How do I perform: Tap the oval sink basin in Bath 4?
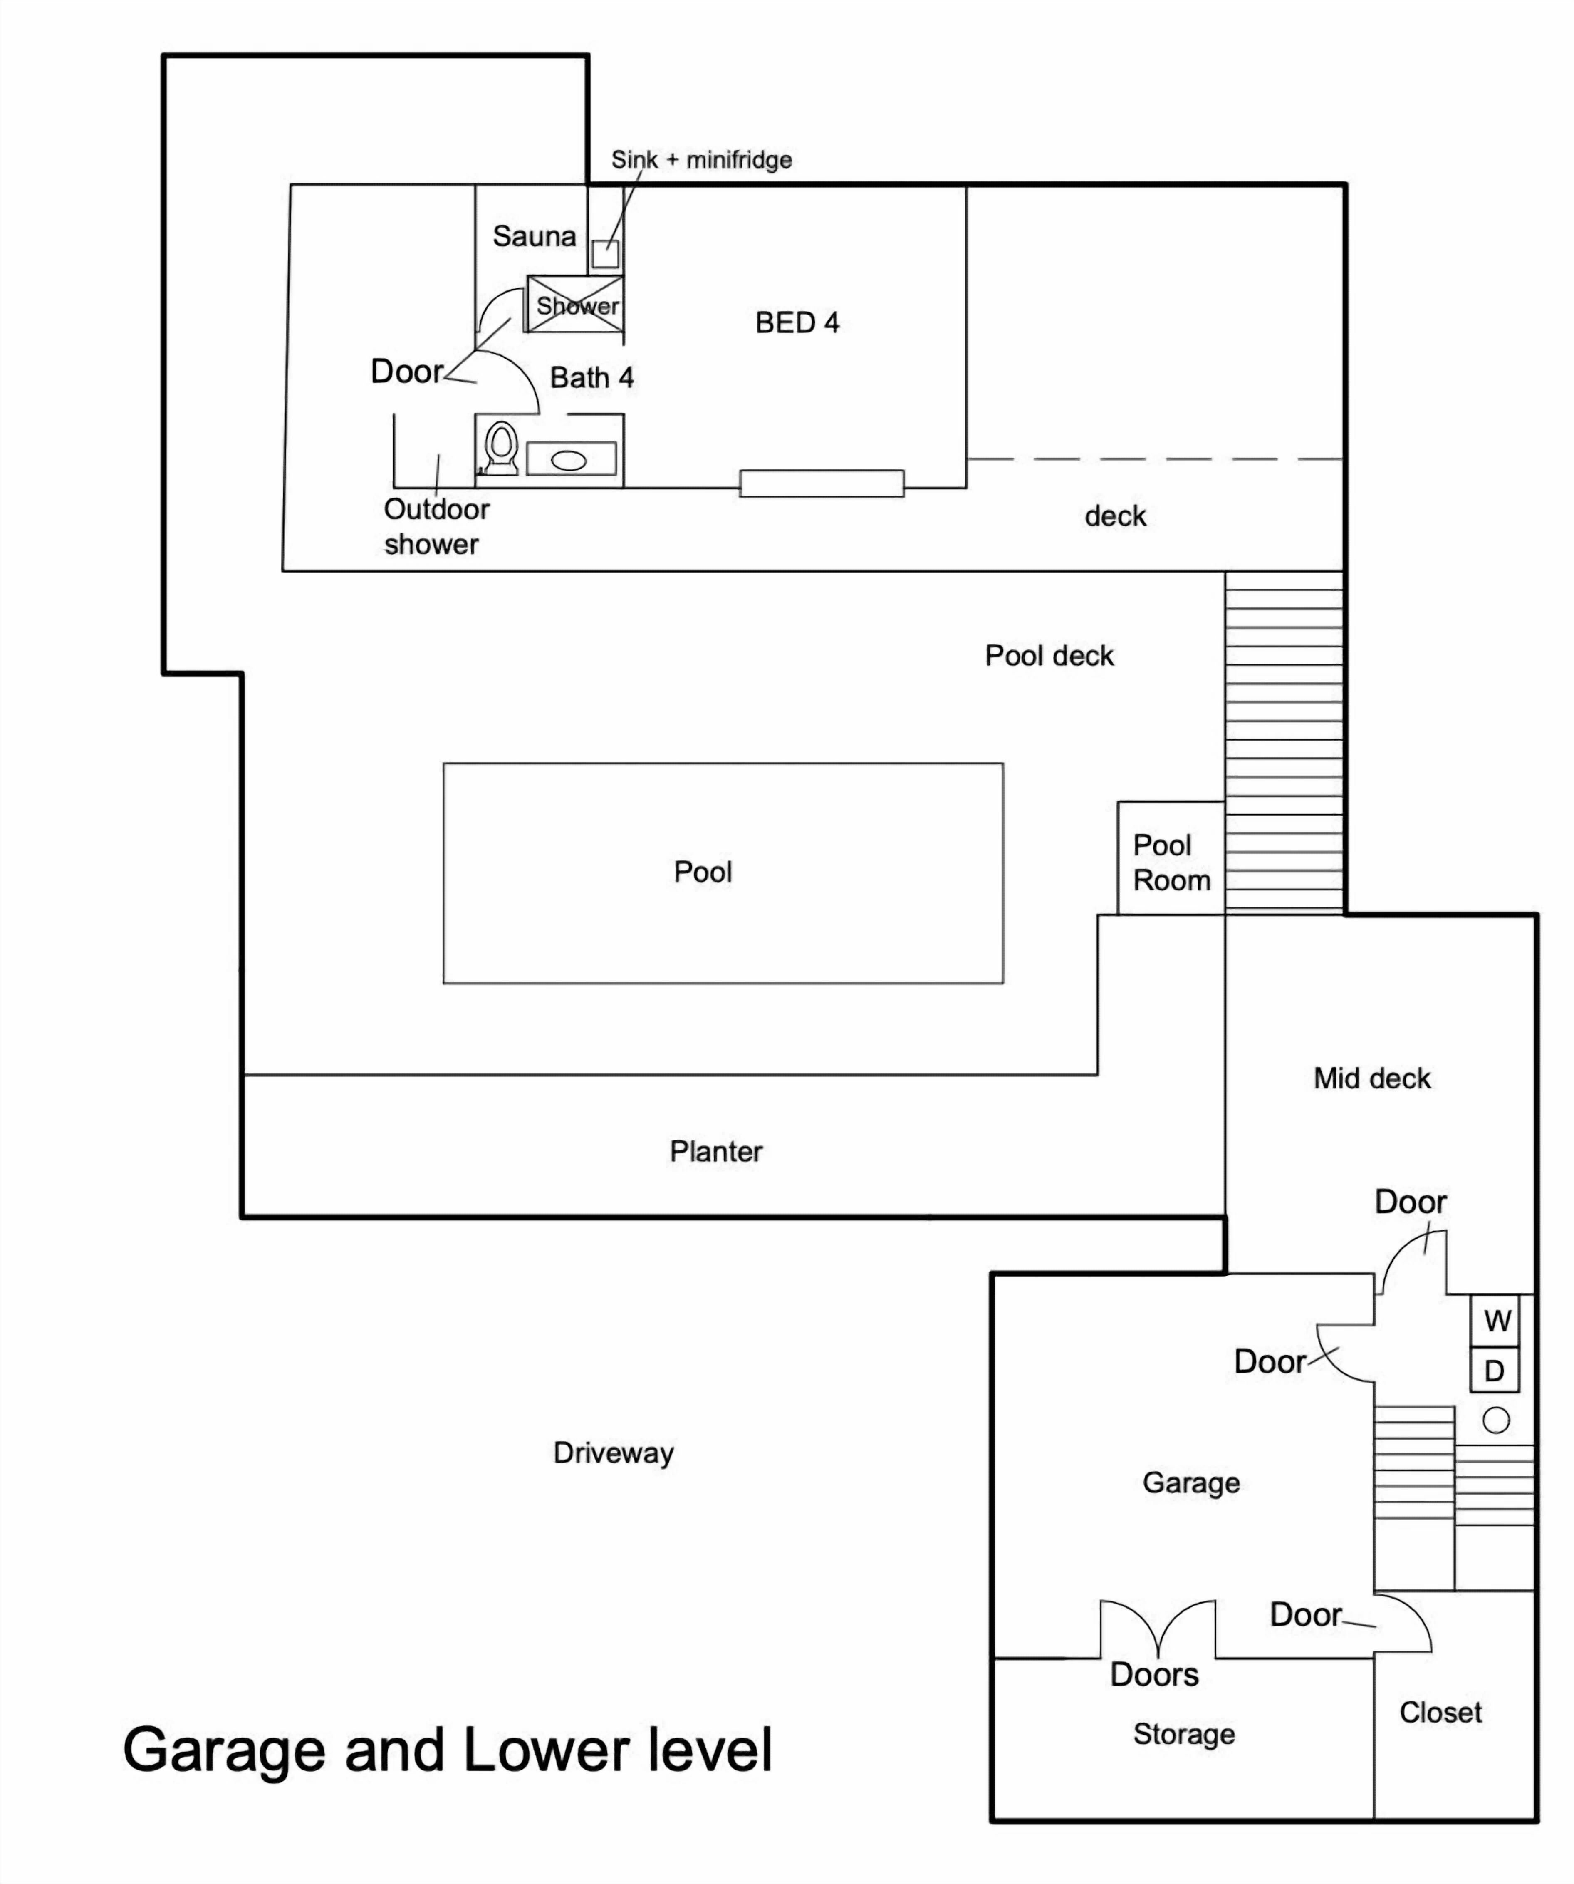click(569, 460)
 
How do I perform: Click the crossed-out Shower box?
click(575, 304)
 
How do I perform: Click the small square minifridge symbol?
click(605, 254)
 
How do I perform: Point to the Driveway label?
click(614, 1453)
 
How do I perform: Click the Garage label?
click(1191, 1483)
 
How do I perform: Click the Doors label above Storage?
click(1154, 1674)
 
